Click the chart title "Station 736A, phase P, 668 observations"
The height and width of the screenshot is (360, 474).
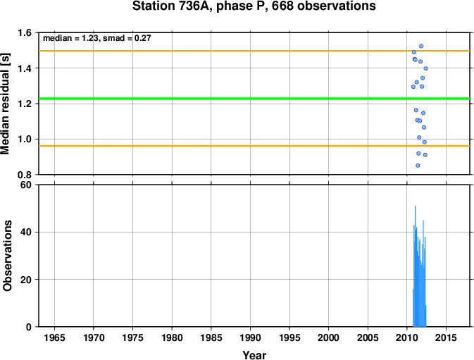[254, 6]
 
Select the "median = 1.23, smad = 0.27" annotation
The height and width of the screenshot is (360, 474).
[97, 38]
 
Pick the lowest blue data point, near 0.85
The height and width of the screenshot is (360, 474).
[418, 166]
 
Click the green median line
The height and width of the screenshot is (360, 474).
[254, 99]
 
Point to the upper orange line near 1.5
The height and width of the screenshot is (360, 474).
[254, 51]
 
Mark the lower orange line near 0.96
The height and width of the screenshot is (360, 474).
[254, 146]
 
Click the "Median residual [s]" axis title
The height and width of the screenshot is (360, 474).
[6, 104]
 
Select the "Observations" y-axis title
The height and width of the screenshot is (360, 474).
[7, 256]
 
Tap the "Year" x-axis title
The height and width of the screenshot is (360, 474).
[254, 355]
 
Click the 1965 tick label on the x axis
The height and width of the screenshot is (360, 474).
[54, 337]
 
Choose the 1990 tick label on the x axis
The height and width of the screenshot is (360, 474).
[250, 337]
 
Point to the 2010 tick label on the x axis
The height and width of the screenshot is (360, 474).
[407, 337]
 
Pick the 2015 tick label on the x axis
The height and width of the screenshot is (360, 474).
[446, 337]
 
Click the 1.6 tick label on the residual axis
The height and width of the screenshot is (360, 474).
[25, 32]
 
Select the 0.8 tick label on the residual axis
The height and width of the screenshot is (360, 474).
[25, 175]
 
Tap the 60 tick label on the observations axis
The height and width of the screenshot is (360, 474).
[27, 185]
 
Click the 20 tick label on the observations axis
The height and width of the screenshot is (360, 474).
[27, 280]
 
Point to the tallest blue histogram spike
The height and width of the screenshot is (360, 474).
[416, 266]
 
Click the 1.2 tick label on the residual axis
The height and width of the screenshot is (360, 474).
[25, 104]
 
